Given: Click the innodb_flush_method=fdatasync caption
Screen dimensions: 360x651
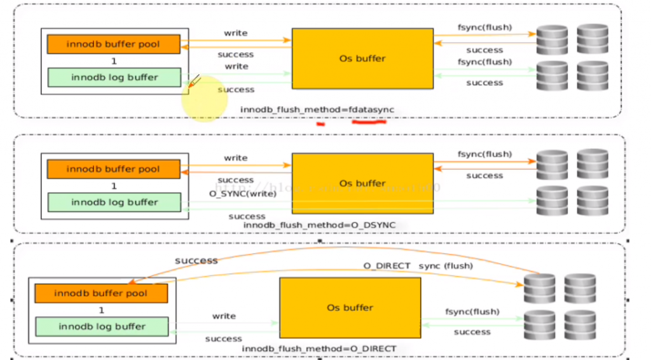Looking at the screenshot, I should [317, 110].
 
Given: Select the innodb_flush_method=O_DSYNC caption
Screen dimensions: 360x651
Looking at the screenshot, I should [319, 226].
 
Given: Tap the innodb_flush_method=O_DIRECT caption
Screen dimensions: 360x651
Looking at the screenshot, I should [319, 349].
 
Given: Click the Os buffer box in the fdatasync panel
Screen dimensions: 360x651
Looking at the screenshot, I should [362, 59].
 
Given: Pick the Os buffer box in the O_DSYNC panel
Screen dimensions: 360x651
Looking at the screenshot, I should [362, 183].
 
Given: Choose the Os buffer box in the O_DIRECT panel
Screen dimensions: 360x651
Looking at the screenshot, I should [350, 308].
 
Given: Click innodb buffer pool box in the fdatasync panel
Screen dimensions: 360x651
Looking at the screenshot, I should [113, 45].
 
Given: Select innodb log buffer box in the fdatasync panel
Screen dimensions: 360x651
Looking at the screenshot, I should [114, 78].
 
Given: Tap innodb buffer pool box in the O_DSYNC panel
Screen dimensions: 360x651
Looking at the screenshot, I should [113, 169].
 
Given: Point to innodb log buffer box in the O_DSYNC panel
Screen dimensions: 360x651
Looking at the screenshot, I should [114, 202].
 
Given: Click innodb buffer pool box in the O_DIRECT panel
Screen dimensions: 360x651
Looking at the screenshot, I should [101, 294].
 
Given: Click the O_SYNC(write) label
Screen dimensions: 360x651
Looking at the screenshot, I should [243, 193].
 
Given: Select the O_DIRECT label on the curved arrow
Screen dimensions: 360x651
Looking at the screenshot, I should [387, 265].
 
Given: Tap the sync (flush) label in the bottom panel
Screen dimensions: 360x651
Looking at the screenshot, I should [446, 265].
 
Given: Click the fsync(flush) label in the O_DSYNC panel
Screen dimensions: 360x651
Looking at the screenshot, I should [484, 155].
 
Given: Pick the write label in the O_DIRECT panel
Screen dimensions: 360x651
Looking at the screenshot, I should [224, 316].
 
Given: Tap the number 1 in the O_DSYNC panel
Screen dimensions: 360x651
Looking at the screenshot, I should [114, 186].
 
